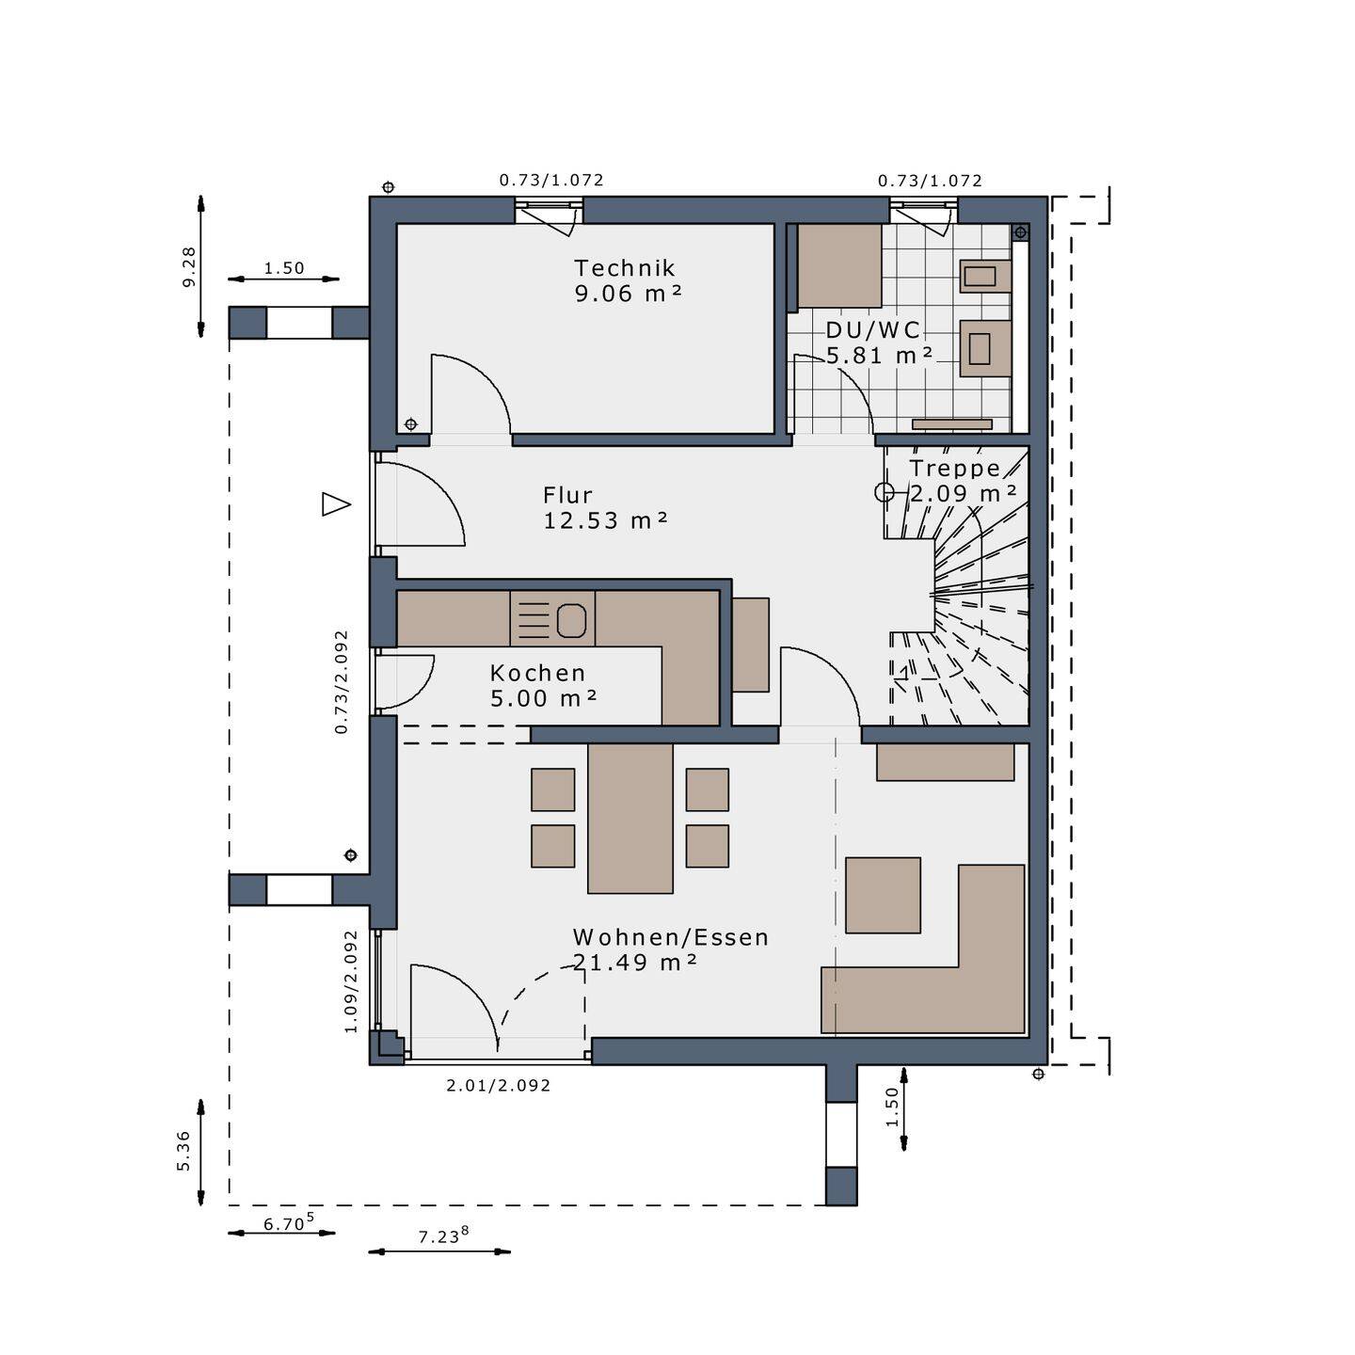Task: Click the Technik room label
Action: [x=625, y=268]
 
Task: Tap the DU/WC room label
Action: [x=872, y=330]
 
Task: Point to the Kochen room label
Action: [x=537, y=673]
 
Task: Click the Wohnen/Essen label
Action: [x=671, y=937]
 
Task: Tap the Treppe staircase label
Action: [x=954, y=469]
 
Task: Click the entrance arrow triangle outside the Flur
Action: [x=335, y=504]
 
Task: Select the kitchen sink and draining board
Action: [x=552, y=619]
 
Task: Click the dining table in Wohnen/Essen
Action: [x=630, y=817]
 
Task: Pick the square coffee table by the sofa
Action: [x=883, y=895]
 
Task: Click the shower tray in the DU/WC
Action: [x=839, y=266]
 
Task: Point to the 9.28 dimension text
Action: [x=189, y=267]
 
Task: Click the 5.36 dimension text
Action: [x=183, y=1151]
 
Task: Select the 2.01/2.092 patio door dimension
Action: [x=498, y=1085]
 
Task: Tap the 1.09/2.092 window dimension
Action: [x=351, y=981]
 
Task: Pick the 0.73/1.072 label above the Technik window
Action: [x=550, y=180]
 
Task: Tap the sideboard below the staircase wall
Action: [x=945, y=762]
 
